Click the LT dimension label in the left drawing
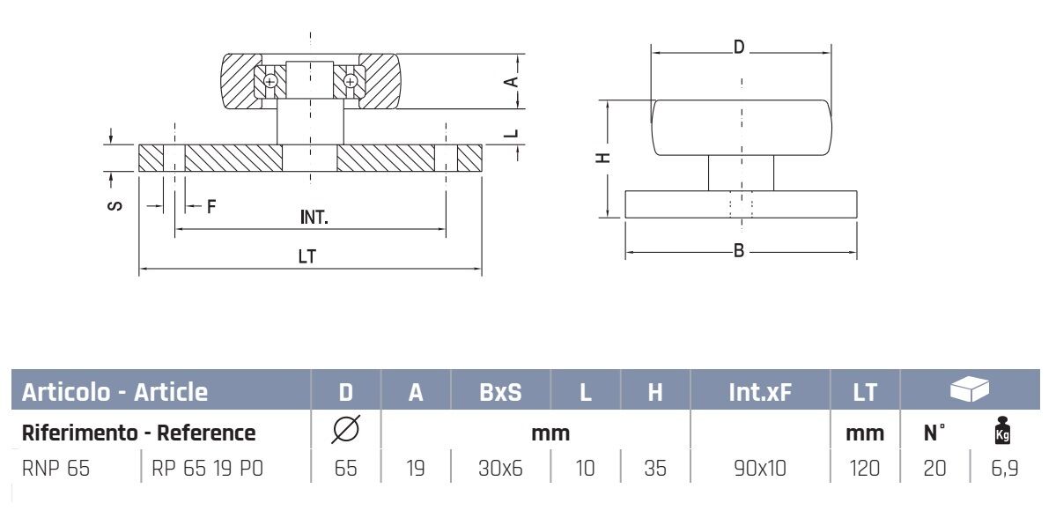coord(306,257)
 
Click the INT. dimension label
coord(314,218)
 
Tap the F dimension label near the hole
coord(210,208)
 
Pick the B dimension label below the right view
coord(740,252)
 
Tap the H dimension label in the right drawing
coord(602,158)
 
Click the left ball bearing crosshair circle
coord(270,82)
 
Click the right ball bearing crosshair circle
coord(351,82)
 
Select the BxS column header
coord(500,392)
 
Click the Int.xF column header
coord(760,392)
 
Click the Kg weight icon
coord(1001,433)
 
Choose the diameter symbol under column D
coord(346,433)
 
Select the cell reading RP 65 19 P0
coord(207,468)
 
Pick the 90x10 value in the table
coord(760,468)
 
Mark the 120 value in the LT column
coord(864,468)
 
